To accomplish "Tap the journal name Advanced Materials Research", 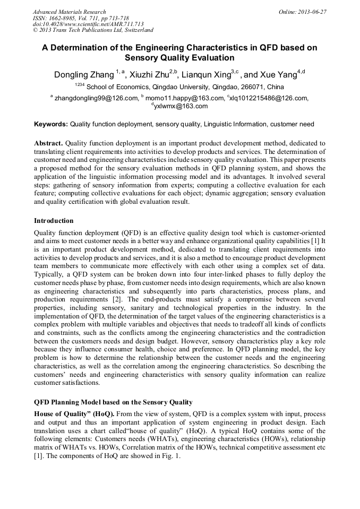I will click(x=69, y=12).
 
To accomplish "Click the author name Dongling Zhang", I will click(x=84, y=74).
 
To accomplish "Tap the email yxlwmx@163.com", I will click(x=181, y=106).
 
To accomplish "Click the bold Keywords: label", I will click(x=51, y=124).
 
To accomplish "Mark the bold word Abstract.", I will click(x=48, y=144).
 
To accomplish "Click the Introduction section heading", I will click(x=54, y=220).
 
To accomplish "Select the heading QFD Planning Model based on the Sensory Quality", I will click(x=113, y=402).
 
